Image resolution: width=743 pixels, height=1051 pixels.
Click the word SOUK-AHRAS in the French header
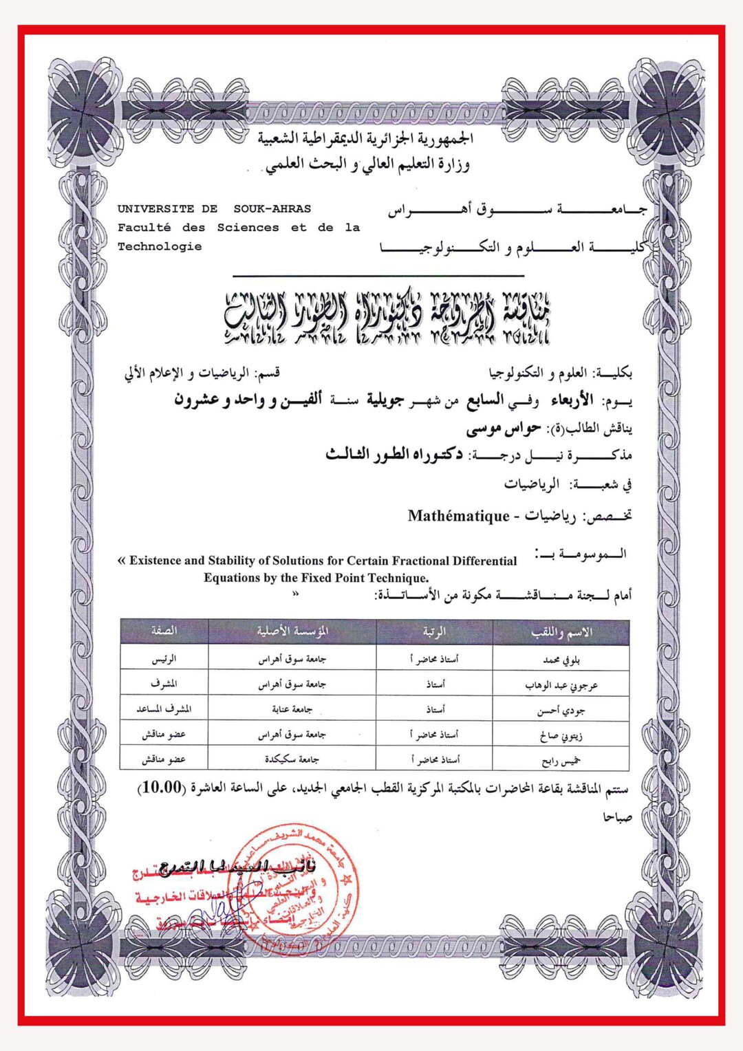click(x=272, y=209)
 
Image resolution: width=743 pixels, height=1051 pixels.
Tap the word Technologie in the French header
click(x=160, y=246)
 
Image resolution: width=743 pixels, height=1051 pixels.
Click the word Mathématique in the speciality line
click(x=458, y=516)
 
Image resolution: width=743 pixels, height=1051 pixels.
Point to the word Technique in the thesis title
click(x=398, y=578)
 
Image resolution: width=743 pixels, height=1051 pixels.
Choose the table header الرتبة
click(x=434, y=631)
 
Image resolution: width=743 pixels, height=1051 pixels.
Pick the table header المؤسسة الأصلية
click(x=292, y=631)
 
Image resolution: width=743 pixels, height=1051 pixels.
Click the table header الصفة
click(x=164, y=631)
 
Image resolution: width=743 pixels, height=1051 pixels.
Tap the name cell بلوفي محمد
click(x=561, y=660)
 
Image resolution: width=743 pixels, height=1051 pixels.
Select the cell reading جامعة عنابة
click(x=292, y=709)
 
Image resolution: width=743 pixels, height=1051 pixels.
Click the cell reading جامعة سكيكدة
click(x=292, y=759)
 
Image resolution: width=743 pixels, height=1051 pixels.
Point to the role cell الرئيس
click(x=164, y=659)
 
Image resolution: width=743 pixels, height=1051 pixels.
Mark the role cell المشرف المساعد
click(x=164, y=709)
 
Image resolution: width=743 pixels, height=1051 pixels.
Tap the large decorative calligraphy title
click(x=387, y=317)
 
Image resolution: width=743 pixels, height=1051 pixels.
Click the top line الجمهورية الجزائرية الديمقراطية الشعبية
click(x=365, y=138)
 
